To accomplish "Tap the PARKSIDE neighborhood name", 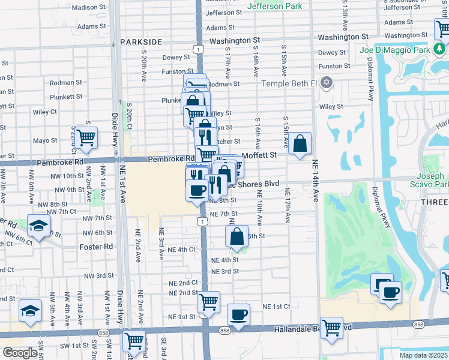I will [141, 42].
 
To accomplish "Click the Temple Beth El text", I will [290, 83].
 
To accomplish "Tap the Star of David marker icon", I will [326, 82].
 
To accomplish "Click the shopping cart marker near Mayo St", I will [86, 137].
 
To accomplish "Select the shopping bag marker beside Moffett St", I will [300, 144].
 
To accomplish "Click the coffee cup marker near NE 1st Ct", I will [239, 315].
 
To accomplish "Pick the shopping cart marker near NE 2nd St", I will [208, 302].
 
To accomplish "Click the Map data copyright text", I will [423, 355].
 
